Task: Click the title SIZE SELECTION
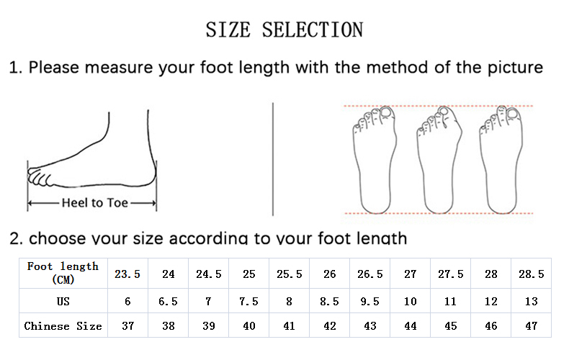coord(284,30)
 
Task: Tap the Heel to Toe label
coord(94,202)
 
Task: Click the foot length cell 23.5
coord(127,274)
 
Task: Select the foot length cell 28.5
coord(532,274)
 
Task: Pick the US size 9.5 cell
coord(369,301)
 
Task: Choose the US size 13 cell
coord(532,301)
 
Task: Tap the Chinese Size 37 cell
coord(127,325)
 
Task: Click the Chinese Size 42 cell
coord(329,325)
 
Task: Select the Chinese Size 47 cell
coord(532,325)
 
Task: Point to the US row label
coord(63,301)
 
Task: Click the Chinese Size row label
coord(63,326)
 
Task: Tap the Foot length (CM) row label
coord(63,273)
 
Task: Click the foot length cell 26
coord(329,274)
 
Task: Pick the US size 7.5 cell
coord(248,301)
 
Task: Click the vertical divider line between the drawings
coord(273,159)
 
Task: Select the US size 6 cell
coord(127,301)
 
